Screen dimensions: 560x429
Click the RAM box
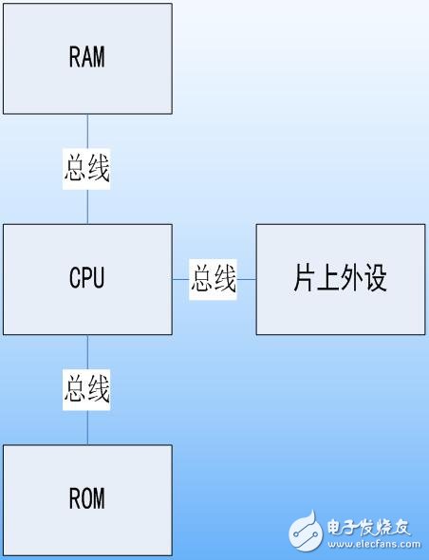(x=87, y=58)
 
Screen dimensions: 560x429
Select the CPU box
(x=87, y=279)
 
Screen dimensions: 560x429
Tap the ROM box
(x=87, y=499)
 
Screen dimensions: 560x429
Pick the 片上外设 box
(x=340, y=279)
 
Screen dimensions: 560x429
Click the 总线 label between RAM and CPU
(x=87, y=169)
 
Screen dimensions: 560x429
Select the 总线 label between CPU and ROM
(x=87, y=389)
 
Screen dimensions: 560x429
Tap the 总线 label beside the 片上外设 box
(x=214, y=279)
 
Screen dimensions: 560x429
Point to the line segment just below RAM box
(x=87, y=131)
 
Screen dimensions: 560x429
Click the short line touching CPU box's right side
(x=181, y=279)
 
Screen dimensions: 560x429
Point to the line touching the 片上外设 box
(x=247, y=279)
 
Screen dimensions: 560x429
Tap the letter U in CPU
(x=99, y=279)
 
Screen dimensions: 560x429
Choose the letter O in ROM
(x=87, y=499)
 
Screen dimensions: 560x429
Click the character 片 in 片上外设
(x=305, y=279)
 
